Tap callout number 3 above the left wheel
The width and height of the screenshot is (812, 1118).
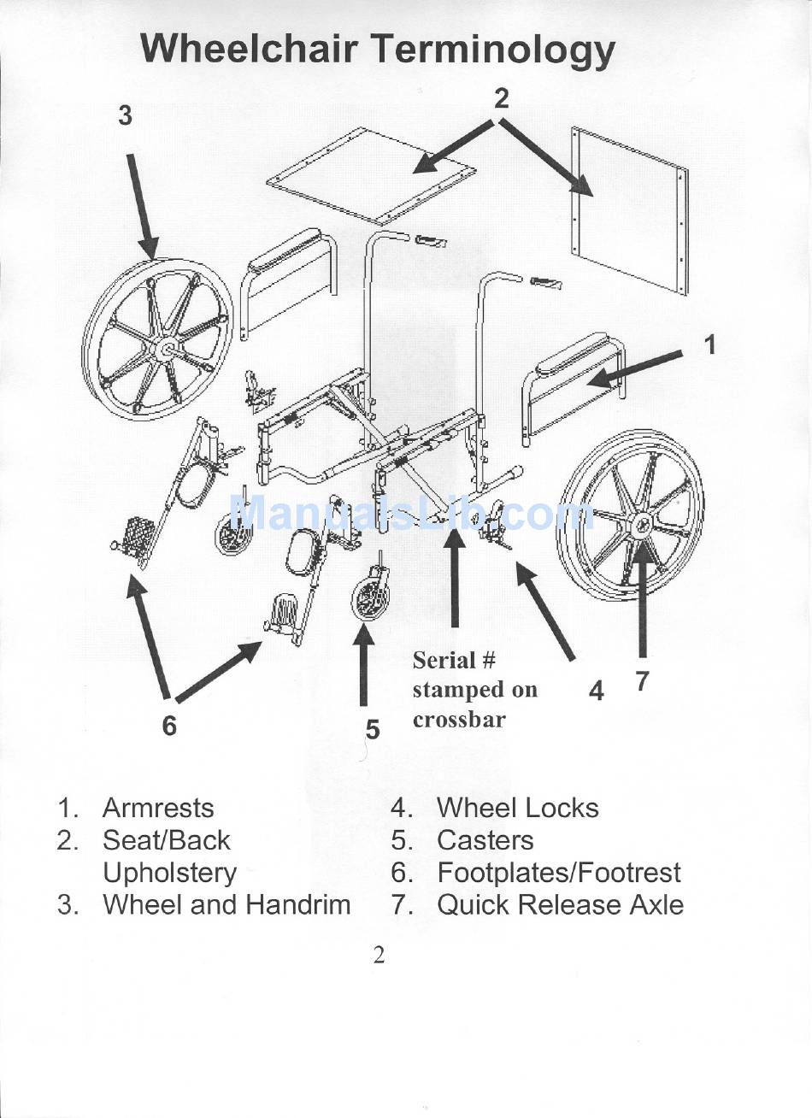point(126,115)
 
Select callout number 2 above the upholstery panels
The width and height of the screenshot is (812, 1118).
point(502,98)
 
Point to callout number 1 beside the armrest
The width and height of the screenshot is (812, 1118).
point(709,344)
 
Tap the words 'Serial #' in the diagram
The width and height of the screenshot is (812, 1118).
point(454,660)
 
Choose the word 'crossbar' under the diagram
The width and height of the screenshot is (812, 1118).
point(459,720)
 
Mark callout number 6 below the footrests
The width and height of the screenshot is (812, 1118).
point(169,725)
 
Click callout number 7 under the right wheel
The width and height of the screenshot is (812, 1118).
point(643,680)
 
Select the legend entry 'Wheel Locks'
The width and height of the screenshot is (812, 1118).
point(517,808)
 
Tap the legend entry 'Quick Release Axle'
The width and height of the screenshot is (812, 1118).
point(560,904)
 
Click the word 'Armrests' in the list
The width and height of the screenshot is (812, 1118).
point(158,808)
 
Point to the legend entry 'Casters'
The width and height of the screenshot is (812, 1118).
point(485,840)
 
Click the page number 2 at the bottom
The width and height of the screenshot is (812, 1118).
point(380,955)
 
